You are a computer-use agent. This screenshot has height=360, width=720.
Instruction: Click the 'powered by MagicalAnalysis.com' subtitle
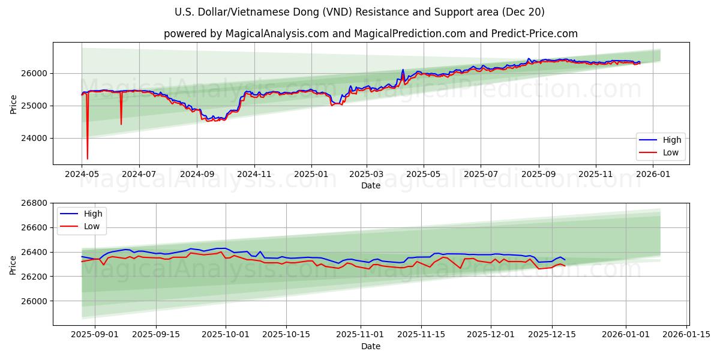click(x=370, y=34)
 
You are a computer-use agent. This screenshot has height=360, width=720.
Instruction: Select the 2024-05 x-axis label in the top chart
click(x=82, y=173)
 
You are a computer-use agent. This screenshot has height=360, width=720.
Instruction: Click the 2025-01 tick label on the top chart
click(x=311, y=173)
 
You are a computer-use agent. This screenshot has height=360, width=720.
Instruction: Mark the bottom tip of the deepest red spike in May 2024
click(x=88, y=159)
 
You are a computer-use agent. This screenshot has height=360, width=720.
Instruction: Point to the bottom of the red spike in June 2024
click(x=121, y=124)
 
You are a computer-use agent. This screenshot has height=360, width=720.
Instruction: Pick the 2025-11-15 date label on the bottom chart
click(x=422, y=334)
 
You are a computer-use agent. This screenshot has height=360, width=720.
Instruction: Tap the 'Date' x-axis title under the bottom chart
click(x=370, y=346)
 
